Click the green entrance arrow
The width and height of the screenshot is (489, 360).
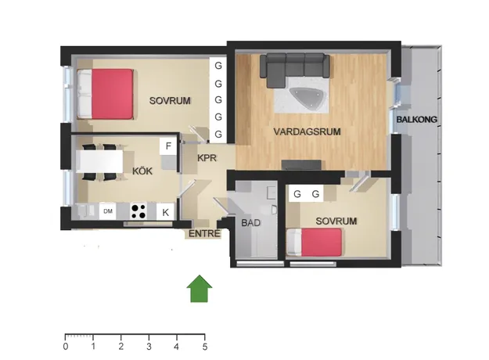click(200, 289)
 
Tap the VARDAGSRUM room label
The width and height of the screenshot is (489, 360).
click(307, 131)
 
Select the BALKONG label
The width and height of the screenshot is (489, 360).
click(417, 119)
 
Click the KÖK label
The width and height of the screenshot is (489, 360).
click(142, 171)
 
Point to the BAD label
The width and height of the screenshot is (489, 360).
click(250, 223)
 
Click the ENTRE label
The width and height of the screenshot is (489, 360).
click(204, 233)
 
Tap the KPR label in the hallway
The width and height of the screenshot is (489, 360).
click(207, 158)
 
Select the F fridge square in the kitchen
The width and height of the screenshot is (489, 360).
click(168, 146)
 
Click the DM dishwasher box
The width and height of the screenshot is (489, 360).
click(108, 211)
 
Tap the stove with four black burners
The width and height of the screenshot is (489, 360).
click(138, 211)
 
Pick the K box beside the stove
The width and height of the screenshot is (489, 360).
click(165, 212)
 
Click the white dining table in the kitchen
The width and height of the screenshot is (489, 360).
click(99, 161)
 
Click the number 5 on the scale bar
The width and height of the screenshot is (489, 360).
click(205, 346)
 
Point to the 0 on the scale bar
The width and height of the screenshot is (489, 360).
click(66, 346)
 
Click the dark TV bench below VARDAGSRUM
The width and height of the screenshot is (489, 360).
click(301, 164)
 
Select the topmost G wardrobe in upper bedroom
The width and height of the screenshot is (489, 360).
click(218, 66)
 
